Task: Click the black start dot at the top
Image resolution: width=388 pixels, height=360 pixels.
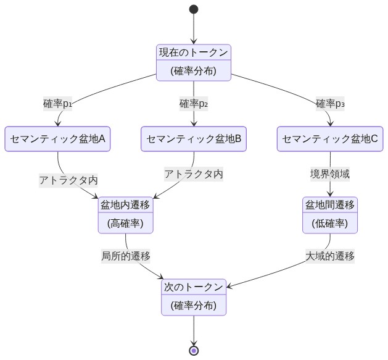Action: coord(194,9)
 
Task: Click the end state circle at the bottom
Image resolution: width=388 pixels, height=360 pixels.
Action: coord(194,351)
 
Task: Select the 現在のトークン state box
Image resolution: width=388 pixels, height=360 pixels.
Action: coord(194,62)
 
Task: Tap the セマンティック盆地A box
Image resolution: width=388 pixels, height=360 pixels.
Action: coord(57,139)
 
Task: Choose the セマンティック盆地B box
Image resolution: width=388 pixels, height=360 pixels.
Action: coord(194,139)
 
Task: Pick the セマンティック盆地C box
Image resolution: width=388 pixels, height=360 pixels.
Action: coord(330,139)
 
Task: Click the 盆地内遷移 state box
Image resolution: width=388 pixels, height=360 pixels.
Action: coord(126,215)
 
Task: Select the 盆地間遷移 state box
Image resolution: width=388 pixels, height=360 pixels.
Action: coord(330,215)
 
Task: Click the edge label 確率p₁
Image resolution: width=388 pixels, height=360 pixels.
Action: coord(57,103)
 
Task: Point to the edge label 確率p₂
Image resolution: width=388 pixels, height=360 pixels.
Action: coord(194,103)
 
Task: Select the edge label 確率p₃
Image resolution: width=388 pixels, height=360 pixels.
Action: coord(330,103)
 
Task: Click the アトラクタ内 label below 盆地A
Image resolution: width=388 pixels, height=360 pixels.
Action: coord(68,180)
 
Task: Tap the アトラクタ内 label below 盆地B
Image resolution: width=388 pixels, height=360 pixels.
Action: coord(194,174)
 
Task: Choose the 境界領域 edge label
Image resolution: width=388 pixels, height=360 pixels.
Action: coord(330,174)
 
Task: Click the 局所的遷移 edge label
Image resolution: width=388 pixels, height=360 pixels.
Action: coord(126,255)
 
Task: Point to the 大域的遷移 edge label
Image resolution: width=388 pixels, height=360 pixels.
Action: coord(330,255)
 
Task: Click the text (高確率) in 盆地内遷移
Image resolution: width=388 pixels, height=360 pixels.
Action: coord(126,224)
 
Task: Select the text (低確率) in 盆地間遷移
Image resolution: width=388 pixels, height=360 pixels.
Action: coord(330,224)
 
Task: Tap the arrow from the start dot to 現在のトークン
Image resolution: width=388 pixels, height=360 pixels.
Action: coord(194,28)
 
